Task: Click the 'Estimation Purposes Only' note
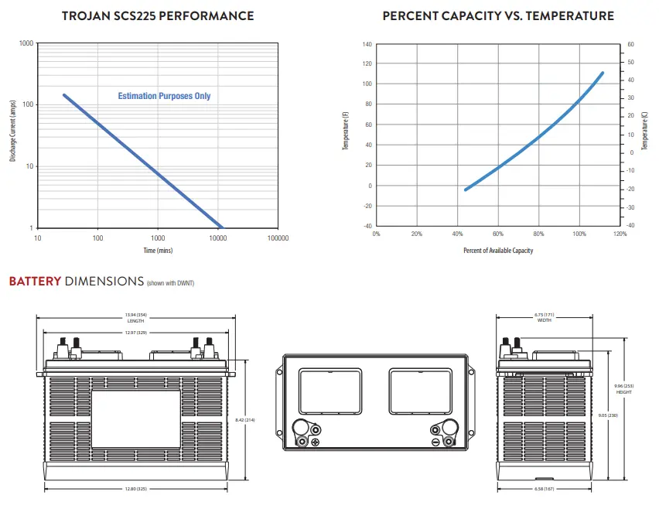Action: (x=164, y=96)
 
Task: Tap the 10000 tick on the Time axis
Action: (x=217, y=238)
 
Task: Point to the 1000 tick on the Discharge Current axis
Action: (x=26, y=43)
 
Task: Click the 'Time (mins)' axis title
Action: (x=158, y=251)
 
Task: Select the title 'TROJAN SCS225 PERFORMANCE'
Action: (x=158, y=16)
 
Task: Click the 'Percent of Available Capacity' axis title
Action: (x=498, y=251)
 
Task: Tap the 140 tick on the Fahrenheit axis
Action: (x=367, y=44)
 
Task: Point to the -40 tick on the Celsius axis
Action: (x=630, y=225)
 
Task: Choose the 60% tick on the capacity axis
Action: (x=498, y=234)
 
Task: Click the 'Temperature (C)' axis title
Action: (x=644, y=131)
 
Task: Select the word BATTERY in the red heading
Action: (x=36, y=282)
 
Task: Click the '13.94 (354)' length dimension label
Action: (x=136, y=315)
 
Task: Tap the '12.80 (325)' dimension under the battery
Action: (x=136, y=489)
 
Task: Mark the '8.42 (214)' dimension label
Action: (x=245, y=420)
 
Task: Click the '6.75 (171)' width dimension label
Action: (x=545, y=314)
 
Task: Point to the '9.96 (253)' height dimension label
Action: (x=623, y=386)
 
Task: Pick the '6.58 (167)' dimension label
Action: (x=545, y=489)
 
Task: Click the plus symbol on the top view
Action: (x=316, y=442)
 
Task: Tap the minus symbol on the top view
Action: (x=435, y=442)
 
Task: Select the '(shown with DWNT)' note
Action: (x=171, y=283)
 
